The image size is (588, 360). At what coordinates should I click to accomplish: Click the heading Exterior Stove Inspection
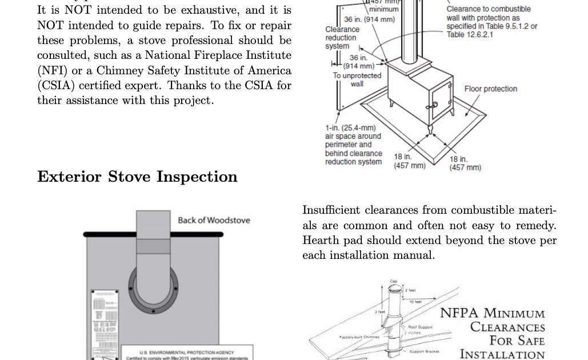pyautogui.click(x=137, y=177)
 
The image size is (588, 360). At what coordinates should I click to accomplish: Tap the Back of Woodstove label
pyautogui.click(x=214, y=220)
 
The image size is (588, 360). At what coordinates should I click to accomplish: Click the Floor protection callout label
pyautogui.click(x=490, y=89)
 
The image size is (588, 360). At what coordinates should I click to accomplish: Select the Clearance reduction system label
pyautogui.click(x=342, y=38)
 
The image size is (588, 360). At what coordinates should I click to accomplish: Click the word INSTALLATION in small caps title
pyautogui.click(x=502, y=354)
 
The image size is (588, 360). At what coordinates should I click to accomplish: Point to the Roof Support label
pyautogui.click(x=420, y=327)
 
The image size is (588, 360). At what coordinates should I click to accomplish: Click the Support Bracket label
pyautogui.click(x=423, y=351)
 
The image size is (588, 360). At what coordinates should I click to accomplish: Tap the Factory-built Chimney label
pyautogui.click(x=361, y=337)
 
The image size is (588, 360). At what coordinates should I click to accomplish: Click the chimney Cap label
pyautogui.click(x=393, y=281)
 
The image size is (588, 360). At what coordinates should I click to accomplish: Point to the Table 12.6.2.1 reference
pyautogui.click(x=470, y=35)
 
